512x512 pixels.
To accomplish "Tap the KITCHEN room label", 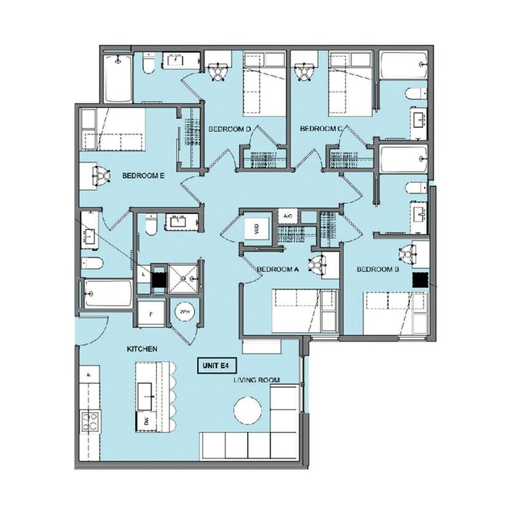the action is [142, 349].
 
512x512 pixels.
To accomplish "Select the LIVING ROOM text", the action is [257, 380].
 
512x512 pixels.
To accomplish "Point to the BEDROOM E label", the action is [143, 176].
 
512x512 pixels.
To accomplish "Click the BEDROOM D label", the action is [230, 129].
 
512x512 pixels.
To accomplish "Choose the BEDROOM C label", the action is [321, 128].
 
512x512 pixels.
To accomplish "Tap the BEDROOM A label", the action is [278, 269].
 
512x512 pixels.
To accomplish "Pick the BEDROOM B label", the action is [378, 269].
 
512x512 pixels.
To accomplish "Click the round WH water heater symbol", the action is [185, 312].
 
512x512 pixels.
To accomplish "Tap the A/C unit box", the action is [288, 216].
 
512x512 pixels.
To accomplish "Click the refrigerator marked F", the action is [151, 314].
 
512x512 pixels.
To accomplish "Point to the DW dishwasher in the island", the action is [145, 420].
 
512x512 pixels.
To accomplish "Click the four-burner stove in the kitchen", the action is [90, 422].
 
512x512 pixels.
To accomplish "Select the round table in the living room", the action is [248, 410].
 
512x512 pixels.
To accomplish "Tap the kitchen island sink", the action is [145, 396].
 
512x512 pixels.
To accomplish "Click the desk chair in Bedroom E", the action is [101, 175].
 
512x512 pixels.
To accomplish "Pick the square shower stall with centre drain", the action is [183, 278].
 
